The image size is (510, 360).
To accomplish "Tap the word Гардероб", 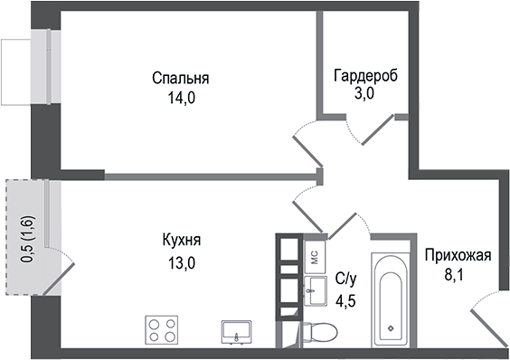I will pyautogui.click(x=365, y=75).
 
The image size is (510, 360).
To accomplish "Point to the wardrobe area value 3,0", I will pyautogui.click(x=365, y=94).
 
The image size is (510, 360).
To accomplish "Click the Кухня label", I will pyautogui.click(x=182, y=241).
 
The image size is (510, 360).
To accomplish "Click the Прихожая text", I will pyautogui.click(x=458, y=255).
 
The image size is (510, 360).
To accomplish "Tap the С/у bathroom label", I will pyautogui.click(x=345, y=279).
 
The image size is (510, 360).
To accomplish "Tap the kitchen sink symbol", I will pyautogui.click(x=237, y=332).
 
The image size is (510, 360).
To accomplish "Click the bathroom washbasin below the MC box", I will pyautogui.click(x=315, y=290).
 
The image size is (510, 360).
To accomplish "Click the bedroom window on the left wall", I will pyautogui.click(x=42, y=70).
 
